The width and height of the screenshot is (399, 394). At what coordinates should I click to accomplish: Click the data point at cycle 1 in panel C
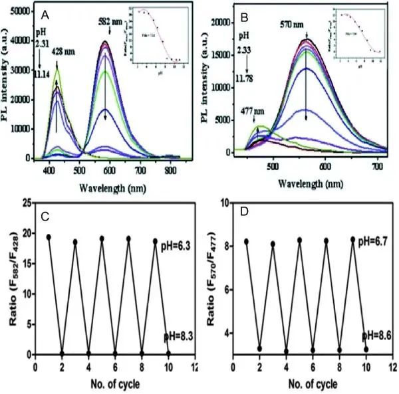point(49,237)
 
